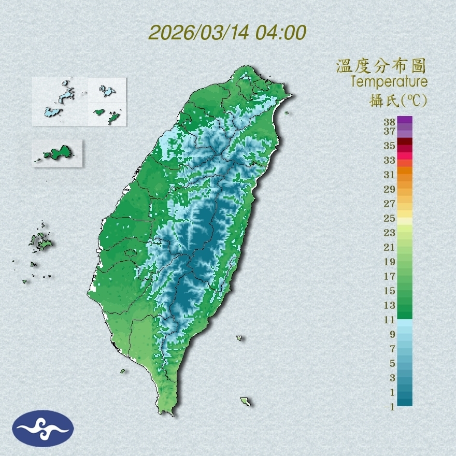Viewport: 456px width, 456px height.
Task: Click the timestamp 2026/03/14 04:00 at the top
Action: (227, 33)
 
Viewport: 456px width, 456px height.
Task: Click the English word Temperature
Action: (389, 82)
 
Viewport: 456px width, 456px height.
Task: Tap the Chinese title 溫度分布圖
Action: (381, 66)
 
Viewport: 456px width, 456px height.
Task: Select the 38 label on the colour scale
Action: (390, 122)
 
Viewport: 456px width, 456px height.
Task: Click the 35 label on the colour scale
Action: (390, 146)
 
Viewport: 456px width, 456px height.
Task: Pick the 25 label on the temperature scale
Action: (390, 218)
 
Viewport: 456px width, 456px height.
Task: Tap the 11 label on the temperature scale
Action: (390, 320)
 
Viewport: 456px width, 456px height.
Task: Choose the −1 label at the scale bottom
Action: (389, 407)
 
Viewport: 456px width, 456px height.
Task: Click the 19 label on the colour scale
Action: (390, 262)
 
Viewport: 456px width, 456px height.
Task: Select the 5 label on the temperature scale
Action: (392, 363)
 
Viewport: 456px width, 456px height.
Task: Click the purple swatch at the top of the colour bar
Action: (405, 120)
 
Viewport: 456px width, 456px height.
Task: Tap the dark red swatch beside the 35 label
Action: (405, 141)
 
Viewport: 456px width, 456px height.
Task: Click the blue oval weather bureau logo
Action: (44, 429)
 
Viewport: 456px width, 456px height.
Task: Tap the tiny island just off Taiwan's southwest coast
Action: (123, 370)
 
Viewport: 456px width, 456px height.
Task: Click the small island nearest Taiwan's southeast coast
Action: (239, 338)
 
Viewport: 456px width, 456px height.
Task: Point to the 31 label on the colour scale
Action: (390, 175)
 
